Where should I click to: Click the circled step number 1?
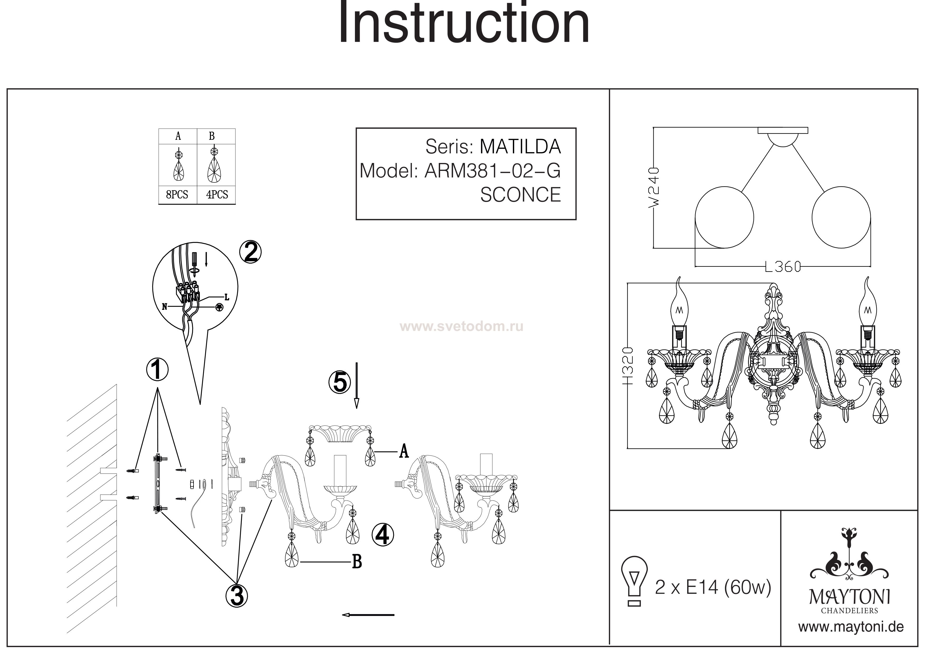157,369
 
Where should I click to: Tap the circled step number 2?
250,253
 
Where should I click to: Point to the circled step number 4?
382,535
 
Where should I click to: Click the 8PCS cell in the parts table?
177,195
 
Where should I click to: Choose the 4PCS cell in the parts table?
217,195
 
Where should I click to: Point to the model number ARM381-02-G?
492,171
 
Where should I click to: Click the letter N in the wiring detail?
164,307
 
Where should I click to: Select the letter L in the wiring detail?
227,298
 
